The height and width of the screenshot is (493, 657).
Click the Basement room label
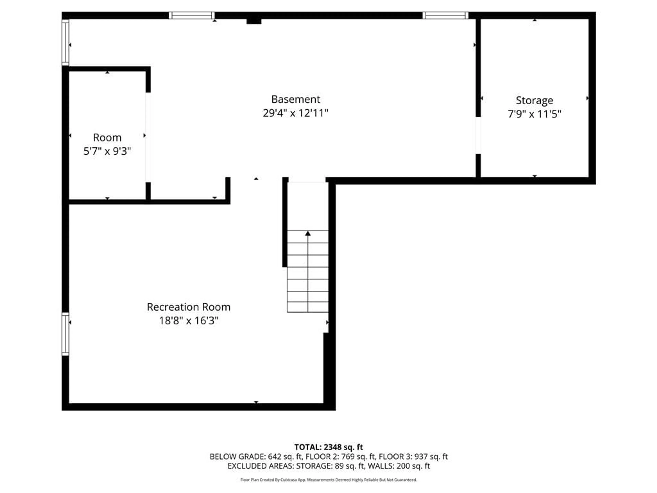pos(295,99)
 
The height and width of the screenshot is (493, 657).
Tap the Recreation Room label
pos(189,307)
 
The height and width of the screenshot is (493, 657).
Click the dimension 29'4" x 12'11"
pos(295,113)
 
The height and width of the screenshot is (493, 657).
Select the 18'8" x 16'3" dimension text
pos(189,321)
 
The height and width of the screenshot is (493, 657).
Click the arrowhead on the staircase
pos(308,233)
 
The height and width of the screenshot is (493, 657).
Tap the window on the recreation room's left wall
pos(65,334)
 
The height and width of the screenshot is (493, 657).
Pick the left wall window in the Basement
pos(65,42)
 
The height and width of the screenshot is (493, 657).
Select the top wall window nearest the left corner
pos(192,15)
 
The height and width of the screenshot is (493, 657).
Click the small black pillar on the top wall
pos(254,21)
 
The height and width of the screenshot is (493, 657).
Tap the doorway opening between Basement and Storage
pos(478,136)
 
